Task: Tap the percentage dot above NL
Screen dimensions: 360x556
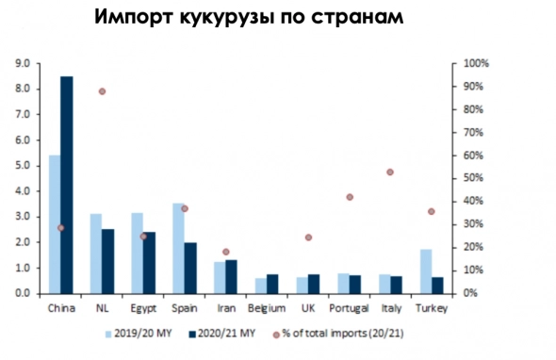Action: [102, 91]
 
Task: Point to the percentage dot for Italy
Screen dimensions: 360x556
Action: [389, 172]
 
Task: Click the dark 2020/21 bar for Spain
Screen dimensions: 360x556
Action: [189, 268]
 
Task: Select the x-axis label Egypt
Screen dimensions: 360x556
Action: [142, 306]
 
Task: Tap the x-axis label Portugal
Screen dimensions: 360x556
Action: [348, 306]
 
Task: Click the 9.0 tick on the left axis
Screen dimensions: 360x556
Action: [22, 63]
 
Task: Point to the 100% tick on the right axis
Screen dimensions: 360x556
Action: [476, 63]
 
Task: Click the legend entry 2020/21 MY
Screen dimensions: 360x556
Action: [225, 333]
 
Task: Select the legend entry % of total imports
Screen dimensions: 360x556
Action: [338, 333]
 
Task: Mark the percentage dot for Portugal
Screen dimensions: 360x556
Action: [349, 197]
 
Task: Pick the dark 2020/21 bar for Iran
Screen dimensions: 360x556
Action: [230, 276]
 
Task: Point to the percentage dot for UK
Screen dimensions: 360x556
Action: [308, 237]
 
